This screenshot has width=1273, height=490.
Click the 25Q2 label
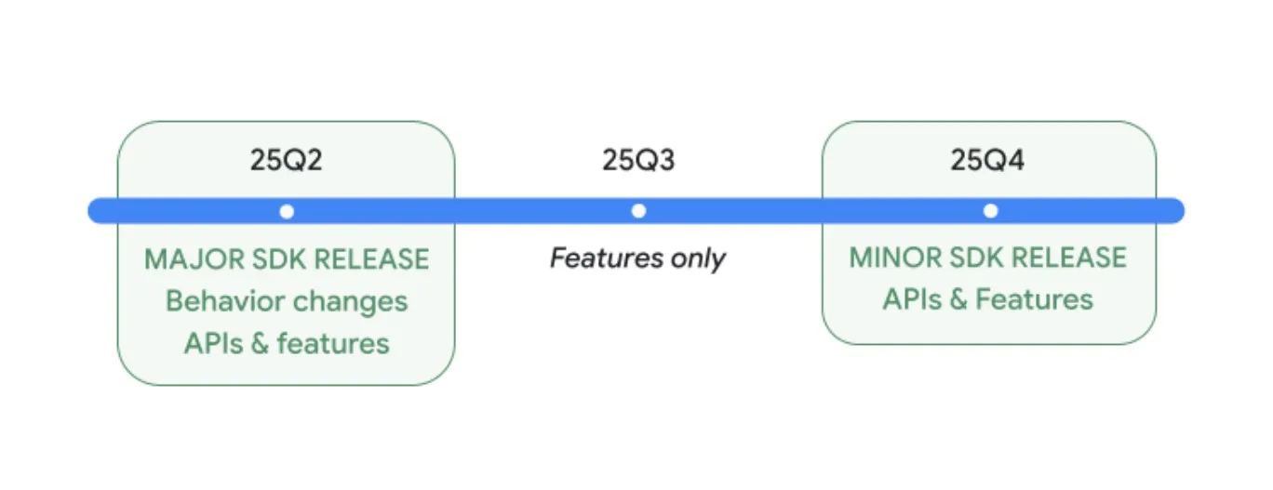click(x=286, y=160)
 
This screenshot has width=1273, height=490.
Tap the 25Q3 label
click(x=638, y=160)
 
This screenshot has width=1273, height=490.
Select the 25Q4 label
click(x=987, y=160)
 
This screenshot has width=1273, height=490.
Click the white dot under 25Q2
click(x=287, y=212)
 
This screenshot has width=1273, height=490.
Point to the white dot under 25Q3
click(x=638, y=211)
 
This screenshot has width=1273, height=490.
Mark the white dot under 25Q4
click(x=990, y=211)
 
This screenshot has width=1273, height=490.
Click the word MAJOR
click(x=194, y=259)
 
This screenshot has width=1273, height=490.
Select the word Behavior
click(x=225, y=301)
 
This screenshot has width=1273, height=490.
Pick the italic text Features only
click(x=637, y=258)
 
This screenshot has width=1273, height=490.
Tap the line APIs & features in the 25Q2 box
click(x=287, y=343)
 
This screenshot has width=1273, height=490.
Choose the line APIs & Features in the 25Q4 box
click(x=987, y=299)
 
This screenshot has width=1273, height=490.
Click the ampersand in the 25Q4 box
click(x=958, y=299)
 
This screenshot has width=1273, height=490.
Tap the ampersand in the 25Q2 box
click(x=260, y=344)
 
